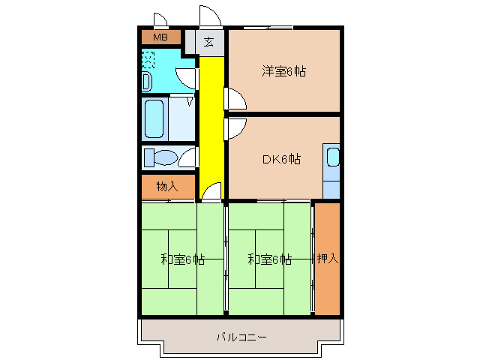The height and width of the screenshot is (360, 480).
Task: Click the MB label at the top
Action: (x=160, y=37)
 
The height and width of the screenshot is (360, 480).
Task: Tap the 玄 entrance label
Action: (x=209, y=42)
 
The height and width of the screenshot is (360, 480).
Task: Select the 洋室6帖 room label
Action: (x=283, y=72)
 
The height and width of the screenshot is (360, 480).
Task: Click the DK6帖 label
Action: (x=281, y=159)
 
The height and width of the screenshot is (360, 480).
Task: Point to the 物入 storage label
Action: (x=166, y=186)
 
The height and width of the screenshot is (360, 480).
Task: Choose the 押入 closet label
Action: (x=327, y=259)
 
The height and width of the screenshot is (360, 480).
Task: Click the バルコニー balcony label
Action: (x=241, y=337)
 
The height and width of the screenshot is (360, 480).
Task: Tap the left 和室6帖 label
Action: (x=182, y=259)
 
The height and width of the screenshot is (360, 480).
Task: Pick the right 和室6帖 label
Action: (x=269, y=259)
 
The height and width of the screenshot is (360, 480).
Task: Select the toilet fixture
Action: (x=160, y=157)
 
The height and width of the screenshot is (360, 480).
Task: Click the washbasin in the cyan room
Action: (x=147, y=81)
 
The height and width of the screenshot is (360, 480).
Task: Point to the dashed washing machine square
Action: (x=148, y=58)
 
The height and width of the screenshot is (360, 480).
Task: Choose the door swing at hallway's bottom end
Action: (x=214, y=193)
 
